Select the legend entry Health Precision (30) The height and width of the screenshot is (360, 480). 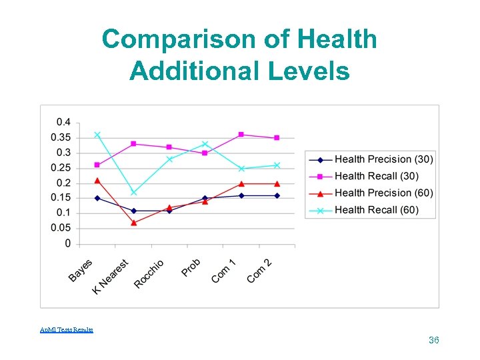383,159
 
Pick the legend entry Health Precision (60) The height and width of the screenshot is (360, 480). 383,193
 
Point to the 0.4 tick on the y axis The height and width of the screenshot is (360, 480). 63,122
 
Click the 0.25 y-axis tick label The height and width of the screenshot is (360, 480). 61,168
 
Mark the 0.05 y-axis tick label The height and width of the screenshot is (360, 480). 61,228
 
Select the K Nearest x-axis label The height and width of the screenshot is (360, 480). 111,277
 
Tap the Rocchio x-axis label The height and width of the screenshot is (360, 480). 149,273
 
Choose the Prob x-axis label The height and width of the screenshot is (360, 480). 191,267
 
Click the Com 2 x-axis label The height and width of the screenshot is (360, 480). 259,271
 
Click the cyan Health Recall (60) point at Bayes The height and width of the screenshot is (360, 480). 97,135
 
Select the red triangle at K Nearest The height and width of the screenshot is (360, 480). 133,222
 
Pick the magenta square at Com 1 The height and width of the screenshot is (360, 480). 241,135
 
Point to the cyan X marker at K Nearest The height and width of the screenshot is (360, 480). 133,193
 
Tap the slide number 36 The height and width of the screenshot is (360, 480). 433,341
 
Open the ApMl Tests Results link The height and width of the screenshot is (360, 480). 67,330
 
